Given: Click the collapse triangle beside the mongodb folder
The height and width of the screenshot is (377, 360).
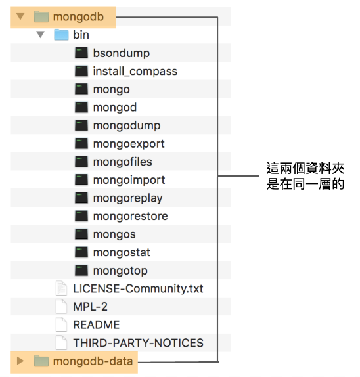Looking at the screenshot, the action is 20,16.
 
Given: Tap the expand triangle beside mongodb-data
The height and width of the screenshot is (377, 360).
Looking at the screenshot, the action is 20,361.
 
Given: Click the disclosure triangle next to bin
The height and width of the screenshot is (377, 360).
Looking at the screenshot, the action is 40,35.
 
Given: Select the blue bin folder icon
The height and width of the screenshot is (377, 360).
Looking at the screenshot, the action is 61,35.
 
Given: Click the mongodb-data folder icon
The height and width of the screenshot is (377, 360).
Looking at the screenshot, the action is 41,361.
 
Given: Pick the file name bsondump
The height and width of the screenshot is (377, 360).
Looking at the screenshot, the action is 121,53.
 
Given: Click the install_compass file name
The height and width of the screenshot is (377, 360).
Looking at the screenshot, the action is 135,71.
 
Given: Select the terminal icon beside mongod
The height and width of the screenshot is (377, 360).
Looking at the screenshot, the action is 81,107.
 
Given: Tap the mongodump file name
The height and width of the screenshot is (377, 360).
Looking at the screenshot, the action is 127,125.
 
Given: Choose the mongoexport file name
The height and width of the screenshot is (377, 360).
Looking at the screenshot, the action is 129,144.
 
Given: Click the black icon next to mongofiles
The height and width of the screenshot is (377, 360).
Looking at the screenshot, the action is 81,162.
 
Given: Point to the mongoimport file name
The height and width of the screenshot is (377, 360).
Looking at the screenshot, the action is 129,180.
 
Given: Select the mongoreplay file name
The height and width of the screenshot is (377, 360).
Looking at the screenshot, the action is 127,198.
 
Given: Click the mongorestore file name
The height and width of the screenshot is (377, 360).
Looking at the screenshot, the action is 130,216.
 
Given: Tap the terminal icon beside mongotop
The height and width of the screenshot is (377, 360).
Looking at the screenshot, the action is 81,270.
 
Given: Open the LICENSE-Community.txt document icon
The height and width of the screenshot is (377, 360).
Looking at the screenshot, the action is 61,288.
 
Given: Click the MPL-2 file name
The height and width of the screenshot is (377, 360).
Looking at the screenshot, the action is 90,307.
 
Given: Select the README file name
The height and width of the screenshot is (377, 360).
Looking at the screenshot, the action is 96,325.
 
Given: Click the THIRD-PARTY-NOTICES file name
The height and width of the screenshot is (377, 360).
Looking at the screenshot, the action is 138,343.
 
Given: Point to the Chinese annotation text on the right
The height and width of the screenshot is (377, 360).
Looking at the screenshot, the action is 305,176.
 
